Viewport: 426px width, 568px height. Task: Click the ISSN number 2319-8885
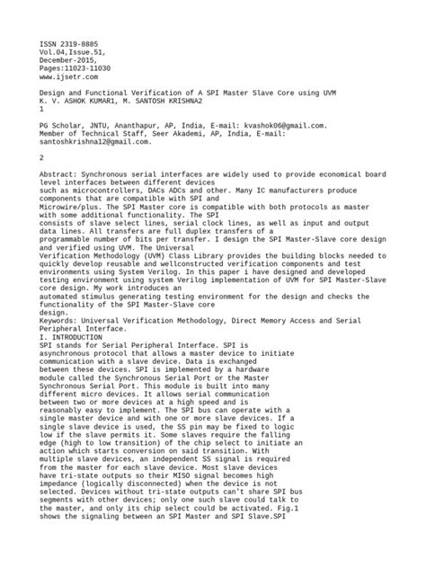point(72,42)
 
